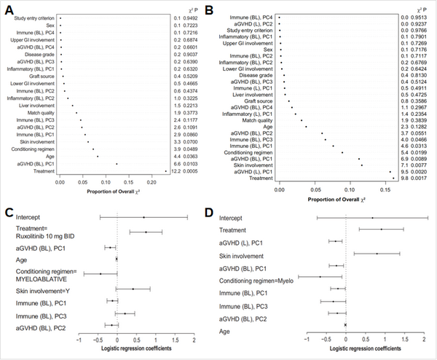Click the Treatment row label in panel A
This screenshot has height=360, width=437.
click(x=43, y=171)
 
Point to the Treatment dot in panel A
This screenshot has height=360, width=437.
click(x=165, y=171)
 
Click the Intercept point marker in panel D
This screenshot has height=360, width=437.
click(x=372, y=217)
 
